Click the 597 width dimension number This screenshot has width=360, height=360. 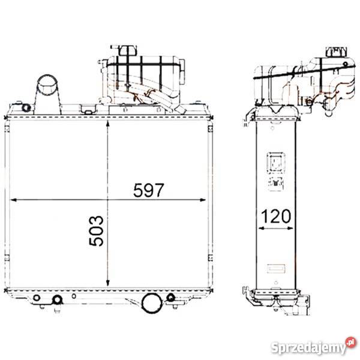point(148,191)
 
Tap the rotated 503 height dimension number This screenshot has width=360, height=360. point(97,231)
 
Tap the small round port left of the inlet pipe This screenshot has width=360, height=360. point(26,107)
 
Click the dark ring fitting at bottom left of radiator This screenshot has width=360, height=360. point(58,299)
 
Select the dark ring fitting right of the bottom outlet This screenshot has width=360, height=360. point(170,297)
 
